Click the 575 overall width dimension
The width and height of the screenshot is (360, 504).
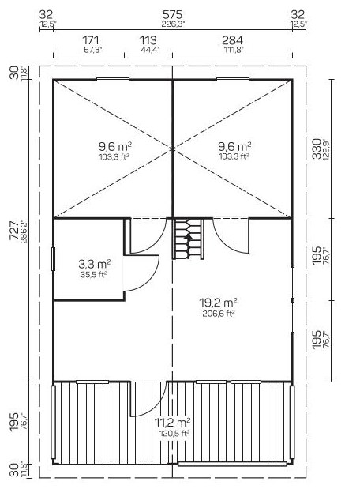coord(172,14)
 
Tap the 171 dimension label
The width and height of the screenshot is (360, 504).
coord(91,40)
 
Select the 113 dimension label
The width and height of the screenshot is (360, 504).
coord(148,40)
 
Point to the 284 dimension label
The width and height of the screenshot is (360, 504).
coord(233,40)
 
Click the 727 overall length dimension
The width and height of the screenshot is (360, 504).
coord(14,230)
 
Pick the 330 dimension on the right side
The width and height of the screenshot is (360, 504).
coord(317,149)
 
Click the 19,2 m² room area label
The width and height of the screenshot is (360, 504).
coord(219,303)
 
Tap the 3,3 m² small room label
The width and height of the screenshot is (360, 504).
coord(95,265)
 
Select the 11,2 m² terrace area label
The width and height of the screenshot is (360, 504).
coord(173,422)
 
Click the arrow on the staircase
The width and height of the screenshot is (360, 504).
coord(188,237)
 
